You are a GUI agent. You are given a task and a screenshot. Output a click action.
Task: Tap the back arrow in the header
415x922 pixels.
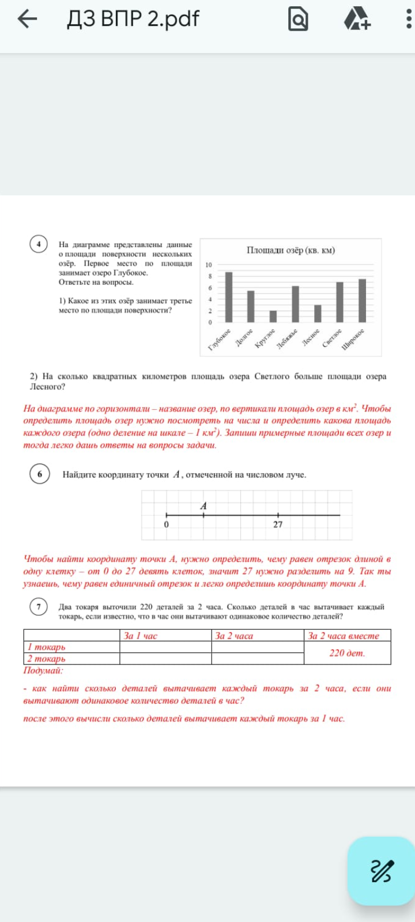(27, 19)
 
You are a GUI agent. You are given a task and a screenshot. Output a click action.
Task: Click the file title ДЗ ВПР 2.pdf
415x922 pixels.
(133, 19)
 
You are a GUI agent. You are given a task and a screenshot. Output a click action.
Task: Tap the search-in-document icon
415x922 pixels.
(298, 20)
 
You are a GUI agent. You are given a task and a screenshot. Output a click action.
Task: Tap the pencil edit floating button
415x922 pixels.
(381, 871)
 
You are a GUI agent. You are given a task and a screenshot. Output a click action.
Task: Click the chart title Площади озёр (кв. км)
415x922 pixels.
(290, 250)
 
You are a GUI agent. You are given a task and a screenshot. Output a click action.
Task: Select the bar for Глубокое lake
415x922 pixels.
(229, 297)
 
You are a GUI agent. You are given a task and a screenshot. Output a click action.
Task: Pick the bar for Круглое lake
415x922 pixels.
(273, 316)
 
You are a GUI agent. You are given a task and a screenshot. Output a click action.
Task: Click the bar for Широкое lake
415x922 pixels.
(362, 300)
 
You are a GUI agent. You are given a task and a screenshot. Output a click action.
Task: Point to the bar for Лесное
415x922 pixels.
(318, 313)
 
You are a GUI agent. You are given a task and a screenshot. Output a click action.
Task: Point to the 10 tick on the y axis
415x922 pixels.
(209, 265)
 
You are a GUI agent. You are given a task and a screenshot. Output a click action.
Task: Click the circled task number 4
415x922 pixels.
(39, 244)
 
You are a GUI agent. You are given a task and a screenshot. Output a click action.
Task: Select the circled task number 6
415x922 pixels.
(39, 474)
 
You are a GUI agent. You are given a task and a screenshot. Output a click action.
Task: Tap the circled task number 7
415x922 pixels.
(39, 607)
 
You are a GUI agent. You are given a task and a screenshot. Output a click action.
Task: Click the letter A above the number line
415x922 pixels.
(203, 506)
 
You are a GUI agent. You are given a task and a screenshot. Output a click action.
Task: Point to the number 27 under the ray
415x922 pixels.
(278, 524)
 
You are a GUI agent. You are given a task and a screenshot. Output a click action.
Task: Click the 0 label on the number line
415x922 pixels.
(167, 524)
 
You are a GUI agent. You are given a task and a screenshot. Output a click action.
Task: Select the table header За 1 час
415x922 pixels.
(141, 636)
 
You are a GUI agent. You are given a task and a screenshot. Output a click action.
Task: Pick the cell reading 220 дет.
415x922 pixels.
(347, 653)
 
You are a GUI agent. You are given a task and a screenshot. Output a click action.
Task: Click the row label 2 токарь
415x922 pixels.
(47, 659)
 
